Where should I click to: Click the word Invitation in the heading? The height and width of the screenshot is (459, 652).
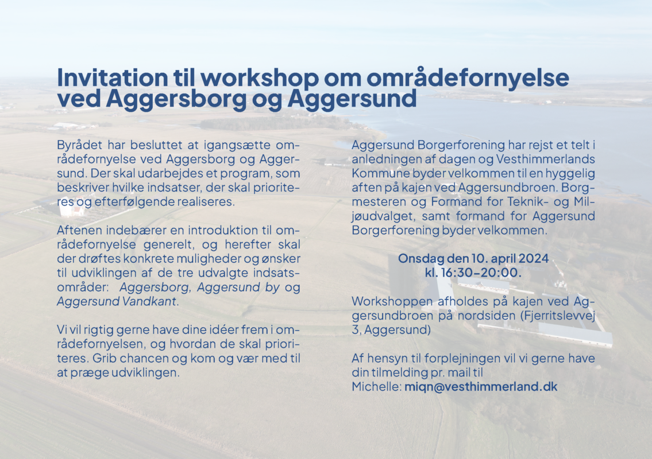click(112, 77)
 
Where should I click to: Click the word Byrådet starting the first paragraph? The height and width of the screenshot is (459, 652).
click(79, 146)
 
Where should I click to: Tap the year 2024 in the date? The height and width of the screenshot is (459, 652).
click(534, 259)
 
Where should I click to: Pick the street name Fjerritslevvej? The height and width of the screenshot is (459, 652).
click(558, 316)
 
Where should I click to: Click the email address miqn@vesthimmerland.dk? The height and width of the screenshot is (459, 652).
click(481, 387)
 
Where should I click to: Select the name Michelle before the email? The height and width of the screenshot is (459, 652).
click(376, 387)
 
